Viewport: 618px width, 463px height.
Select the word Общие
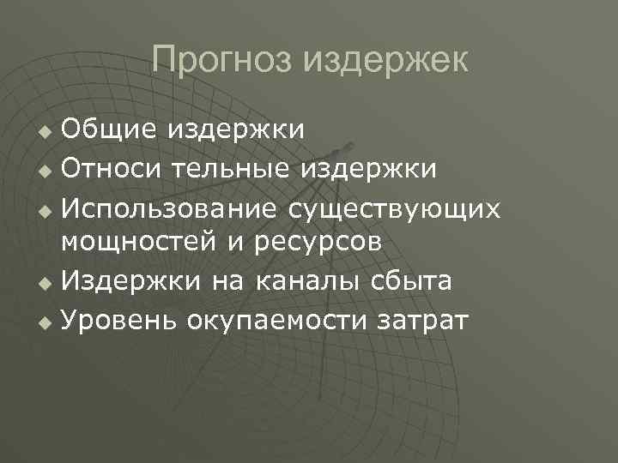click(x=107, y=130)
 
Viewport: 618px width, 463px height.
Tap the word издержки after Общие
click(x=236, y=130)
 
